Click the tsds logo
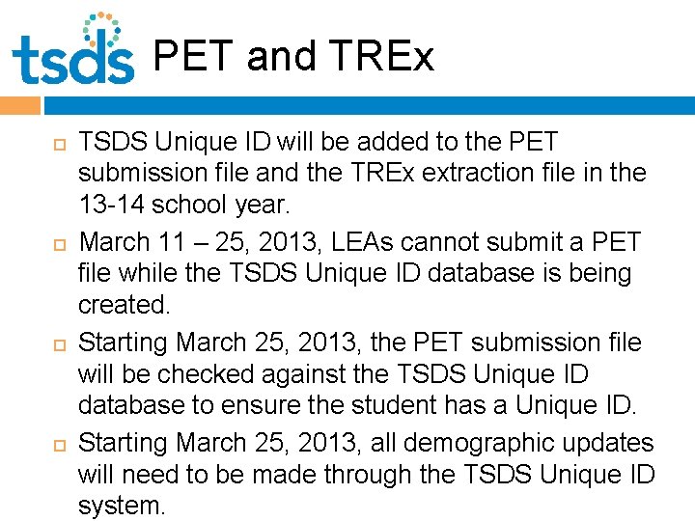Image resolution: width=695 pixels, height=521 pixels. (73, 50)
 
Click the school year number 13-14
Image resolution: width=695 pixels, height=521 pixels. (109, 205)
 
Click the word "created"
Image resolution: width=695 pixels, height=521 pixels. (124, 305)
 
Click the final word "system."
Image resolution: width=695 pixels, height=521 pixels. (122, 506)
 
